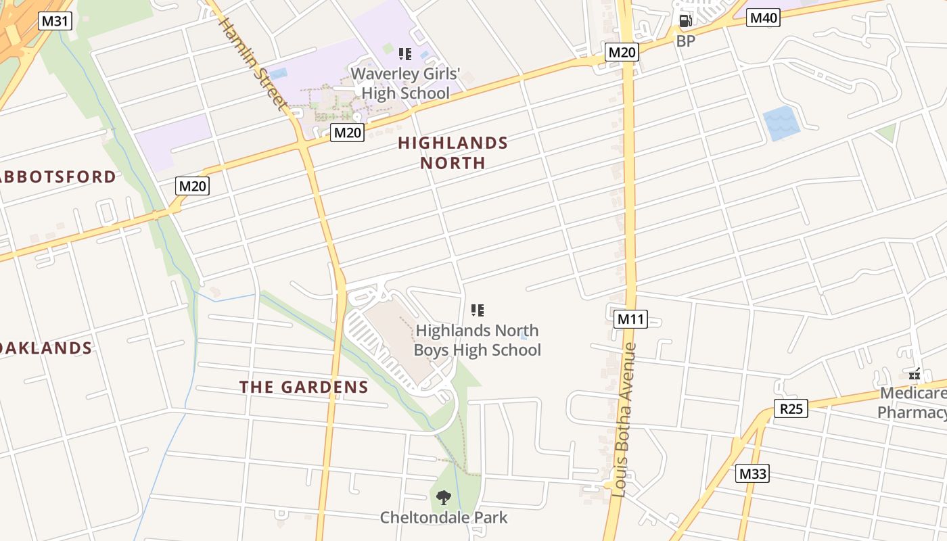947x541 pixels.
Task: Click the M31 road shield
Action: click(55, 21)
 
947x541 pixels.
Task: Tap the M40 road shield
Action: click(763, 18)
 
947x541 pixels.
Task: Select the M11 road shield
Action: click(630, 319)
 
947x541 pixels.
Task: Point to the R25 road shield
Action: click(791, 408)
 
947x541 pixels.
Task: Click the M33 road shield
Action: click(752, 473)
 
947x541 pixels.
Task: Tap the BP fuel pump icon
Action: click(685, 21)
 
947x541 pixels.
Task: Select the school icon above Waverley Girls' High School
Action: click(405, 54)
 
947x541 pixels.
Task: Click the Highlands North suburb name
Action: click(453, 153)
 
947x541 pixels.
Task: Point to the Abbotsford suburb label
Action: click(57, 177)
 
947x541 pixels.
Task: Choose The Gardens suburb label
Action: click(304, 387)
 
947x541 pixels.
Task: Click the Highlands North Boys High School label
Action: click(477, 340)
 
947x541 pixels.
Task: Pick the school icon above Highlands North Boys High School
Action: click(478, 310)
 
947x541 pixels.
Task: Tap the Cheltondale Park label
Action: click(443, 518)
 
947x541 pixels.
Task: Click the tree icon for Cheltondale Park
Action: click(443, 498)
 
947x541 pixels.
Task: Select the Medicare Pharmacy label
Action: click(913, 403)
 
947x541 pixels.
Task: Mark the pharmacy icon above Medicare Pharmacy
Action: click(915, 373)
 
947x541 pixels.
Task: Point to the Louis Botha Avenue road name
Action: click(622, 420)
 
